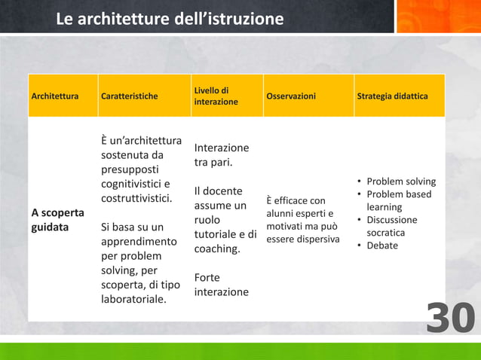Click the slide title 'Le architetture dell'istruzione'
pos(170,18)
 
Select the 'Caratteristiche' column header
pos(129,96)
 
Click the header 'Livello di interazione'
pos(216,96)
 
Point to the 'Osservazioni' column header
pos(291,96)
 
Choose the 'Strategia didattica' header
pos(397,96)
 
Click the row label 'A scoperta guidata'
pos(57,219)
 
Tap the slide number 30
pos(451,319)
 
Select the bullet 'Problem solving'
pos(400,182)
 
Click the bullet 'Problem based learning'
pos(399,200)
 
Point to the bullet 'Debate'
pos(382,246)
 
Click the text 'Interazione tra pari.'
pos(221,155)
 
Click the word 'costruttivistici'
pos(136,199)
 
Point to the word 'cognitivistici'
pos(135,185)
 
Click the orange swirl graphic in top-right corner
pos(438,17)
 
